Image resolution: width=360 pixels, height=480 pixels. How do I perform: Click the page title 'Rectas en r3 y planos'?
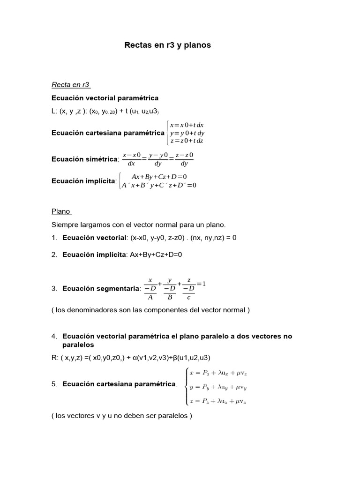click(x=167, y=45)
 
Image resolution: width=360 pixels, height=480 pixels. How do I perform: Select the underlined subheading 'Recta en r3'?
click(x=70, y=85)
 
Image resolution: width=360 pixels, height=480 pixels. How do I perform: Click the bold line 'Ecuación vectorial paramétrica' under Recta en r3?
click(x=105, y=98)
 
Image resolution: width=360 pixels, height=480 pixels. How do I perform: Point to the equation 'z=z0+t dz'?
click(x=187, y=141)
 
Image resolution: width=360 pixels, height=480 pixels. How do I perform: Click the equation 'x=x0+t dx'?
click(x=187, y=125)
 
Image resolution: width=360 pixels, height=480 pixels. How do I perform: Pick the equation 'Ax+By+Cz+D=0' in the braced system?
click(x=159, y=177)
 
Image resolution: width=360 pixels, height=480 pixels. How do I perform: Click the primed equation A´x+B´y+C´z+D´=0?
click(x=159, y=185)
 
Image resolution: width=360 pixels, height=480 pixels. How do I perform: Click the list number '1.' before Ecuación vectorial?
click(x=54, y=238)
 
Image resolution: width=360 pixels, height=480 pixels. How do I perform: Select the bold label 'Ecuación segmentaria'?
click(x=101, y=289)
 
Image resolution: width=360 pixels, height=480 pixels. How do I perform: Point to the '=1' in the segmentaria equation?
click(x=201, y=284)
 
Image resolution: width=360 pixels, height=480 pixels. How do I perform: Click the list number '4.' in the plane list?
click(x=54, y=337)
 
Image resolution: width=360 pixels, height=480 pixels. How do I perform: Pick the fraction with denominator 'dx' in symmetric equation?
click(x=131, y=159)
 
